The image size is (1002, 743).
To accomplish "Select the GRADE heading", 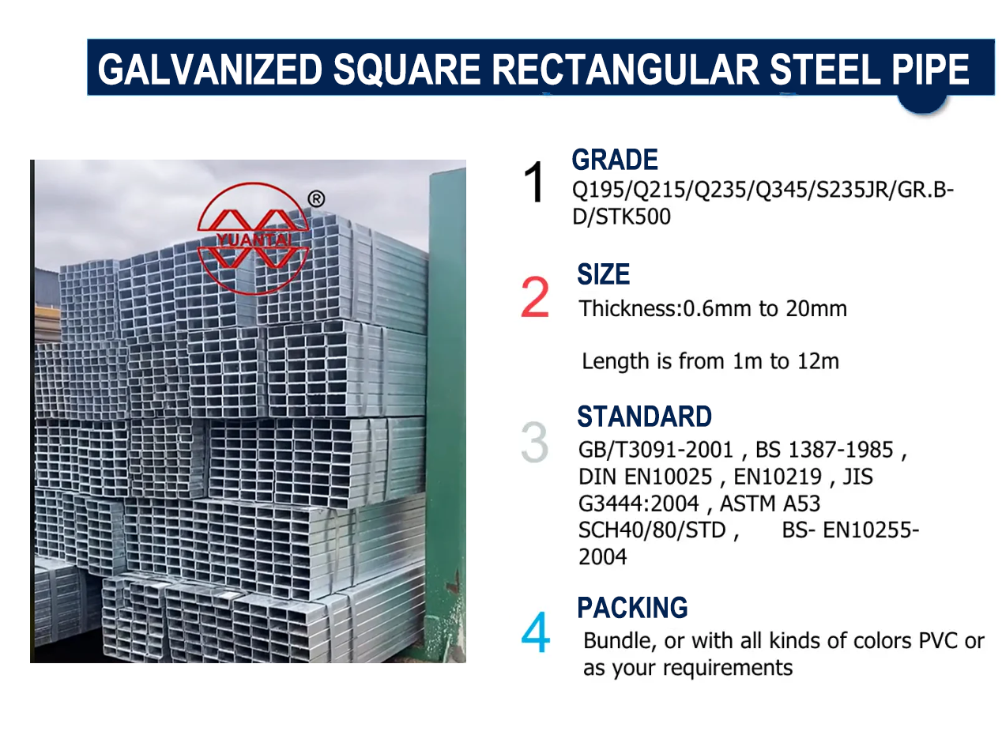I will (x=615, y=160).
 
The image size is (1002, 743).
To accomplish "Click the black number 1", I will (x=535, y=183).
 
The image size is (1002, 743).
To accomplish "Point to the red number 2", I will (x=535, y=298).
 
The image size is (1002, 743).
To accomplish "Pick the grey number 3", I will (x=535, y=443).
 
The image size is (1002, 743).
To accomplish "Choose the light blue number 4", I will (x=535, y=634).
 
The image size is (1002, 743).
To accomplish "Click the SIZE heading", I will (x=604, y=275).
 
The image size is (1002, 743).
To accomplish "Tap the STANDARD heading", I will (x=644, y=417).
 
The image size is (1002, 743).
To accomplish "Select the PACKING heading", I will (x=632, y=608).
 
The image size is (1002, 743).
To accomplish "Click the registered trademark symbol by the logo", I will (x=315, y=199).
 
